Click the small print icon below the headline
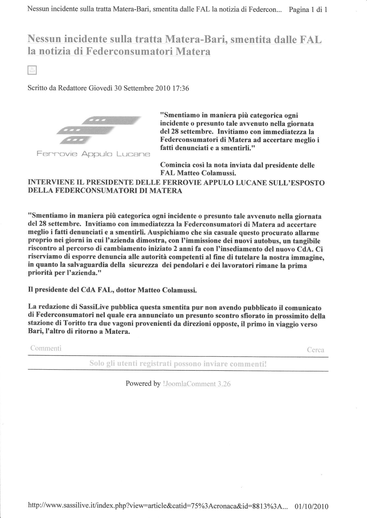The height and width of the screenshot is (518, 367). click(x=32, y=70)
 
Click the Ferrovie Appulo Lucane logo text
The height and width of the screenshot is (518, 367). click(x=93, y=154)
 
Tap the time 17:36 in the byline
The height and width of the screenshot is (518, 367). click(x=180, y=89)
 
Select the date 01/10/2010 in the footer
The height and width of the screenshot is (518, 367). click(x=311, y=500)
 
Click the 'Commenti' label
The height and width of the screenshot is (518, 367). click(x=46, y=348)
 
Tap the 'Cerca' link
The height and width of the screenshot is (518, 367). click(x=315, y=350)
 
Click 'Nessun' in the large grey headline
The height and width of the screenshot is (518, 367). click(x=44, y=39)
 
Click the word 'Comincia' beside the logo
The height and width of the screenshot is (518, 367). click(x=172, y=165)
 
